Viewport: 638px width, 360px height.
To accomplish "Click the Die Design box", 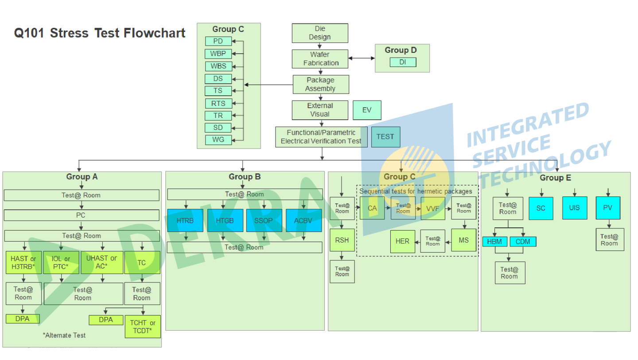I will pyautogui.click(x=320, y=33).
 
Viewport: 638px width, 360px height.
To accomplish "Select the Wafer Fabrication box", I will pyautogui.click(x=320, y=59).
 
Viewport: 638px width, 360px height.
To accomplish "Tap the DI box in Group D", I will pyautogui.click(x=403, y=63).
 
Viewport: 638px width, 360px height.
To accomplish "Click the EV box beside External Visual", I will pyautogui.click(x=367, y=110).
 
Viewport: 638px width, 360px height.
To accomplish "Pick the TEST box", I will pyautogui.click(x=385, y=137).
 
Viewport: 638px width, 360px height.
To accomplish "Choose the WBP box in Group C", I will pyautogui.click(x=218, y=54).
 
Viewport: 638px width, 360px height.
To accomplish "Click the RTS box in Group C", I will pyautogui.click(x=218, y=104).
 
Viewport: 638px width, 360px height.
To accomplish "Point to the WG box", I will pyautogui.click(x=218, y=140).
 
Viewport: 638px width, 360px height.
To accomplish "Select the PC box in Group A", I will pyautogui.click(x=81, y=215).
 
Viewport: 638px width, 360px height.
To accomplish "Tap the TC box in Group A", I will pyautogui.click(x=142, y=262).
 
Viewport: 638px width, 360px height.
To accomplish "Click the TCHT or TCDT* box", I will pyautogui.click(x=143, y=327).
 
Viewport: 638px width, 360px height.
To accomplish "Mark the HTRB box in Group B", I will pyautogui.click(x=185, y=220).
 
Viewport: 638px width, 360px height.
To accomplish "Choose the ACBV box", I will pyautogui.click(x=303, y=220).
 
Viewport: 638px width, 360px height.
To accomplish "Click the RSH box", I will pyautogui.click(x=342, y=241).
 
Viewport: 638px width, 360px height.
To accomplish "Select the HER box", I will pyautogui.click(x=402, y=242).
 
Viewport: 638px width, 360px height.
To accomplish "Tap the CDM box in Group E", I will pyautogui.click(x=523, y=242).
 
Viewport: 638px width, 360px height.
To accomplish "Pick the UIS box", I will pyautogui.click(x=575, y=208).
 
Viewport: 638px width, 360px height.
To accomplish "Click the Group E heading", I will pyautogui.click(x=555, y=178).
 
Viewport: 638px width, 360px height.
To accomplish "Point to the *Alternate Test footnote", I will pyautogui.click(x=64, y=336).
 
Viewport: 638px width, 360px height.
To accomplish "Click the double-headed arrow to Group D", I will pyautogui.click(x=362, y=58).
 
